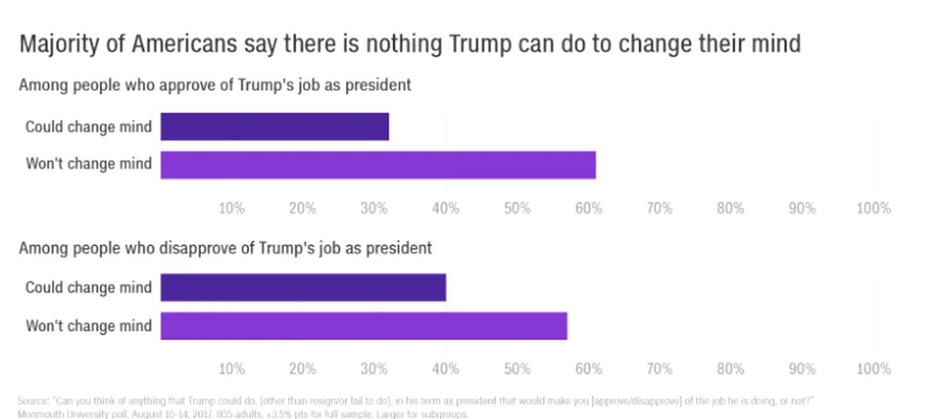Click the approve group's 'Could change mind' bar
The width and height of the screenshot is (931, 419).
[x=274, y=126]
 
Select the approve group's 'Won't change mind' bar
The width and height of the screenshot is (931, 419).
[x=378, y=165]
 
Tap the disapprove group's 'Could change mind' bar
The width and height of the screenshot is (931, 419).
[x=303, y=287]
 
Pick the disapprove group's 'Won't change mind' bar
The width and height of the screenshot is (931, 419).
[x=363, y=326]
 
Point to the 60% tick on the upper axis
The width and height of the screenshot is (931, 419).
[x=588, y=208]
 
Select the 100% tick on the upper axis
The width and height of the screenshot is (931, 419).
[x=874, y=208]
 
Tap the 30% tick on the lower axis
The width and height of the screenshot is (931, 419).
[x=374, y=369]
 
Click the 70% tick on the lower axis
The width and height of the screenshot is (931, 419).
[x=659, y=369]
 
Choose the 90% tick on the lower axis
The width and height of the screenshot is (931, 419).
[x=802, y=369]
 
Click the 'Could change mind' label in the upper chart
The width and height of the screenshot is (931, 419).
[x=89, y=127]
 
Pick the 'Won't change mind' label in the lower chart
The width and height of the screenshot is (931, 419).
[x=89, y=326]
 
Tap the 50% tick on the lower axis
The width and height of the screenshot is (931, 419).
[x=517, y=369]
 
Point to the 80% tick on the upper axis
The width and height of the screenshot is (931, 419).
[x=730, y=208]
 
